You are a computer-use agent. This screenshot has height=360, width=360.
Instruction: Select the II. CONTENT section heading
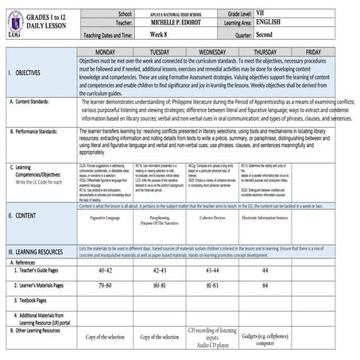[21, 193]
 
